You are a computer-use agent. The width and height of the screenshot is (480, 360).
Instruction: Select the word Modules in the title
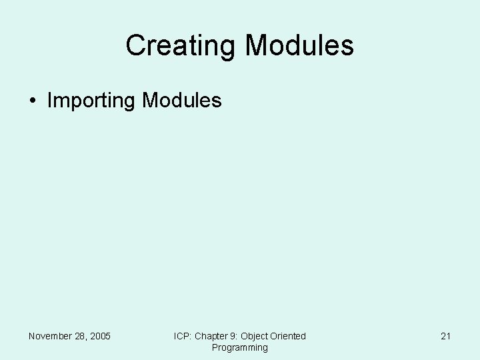(x=299, y=46)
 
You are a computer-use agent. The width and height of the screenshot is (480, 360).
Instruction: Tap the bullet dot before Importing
(x=33, y=101)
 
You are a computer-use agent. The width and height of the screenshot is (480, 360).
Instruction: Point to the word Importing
(x=91, y=101)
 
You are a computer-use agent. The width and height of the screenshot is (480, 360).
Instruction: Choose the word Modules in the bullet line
(x=181, y=101)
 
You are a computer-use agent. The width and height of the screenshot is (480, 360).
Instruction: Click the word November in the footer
(x=51, y=336)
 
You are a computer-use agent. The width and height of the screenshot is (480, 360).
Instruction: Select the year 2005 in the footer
(x=101, y=336)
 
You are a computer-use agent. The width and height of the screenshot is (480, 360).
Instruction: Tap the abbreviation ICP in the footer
(x=182, y=336)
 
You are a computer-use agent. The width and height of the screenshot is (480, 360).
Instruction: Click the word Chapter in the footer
(x=211, y=336)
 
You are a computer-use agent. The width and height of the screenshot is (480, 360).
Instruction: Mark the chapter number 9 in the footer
(x=235, y=336)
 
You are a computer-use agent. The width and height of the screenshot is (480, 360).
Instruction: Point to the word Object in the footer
(x=255, y=336)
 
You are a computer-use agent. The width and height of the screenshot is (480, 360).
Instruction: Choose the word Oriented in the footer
(x=289, y=336)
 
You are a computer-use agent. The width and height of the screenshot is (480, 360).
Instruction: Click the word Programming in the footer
(x=240, y=347)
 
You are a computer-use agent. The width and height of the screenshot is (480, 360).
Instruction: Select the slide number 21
(x=445, y=336)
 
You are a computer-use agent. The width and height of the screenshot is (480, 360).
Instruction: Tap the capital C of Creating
(x=135, y=46)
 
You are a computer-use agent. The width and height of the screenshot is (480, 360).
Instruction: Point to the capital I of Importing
(x=50, y=101)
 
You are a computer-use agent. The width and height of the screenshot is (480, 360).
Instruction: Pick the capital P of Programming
(x=215, y=347)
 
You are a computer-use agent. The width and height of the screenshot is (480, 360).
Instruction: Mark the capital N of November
(x=32, y=336)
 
